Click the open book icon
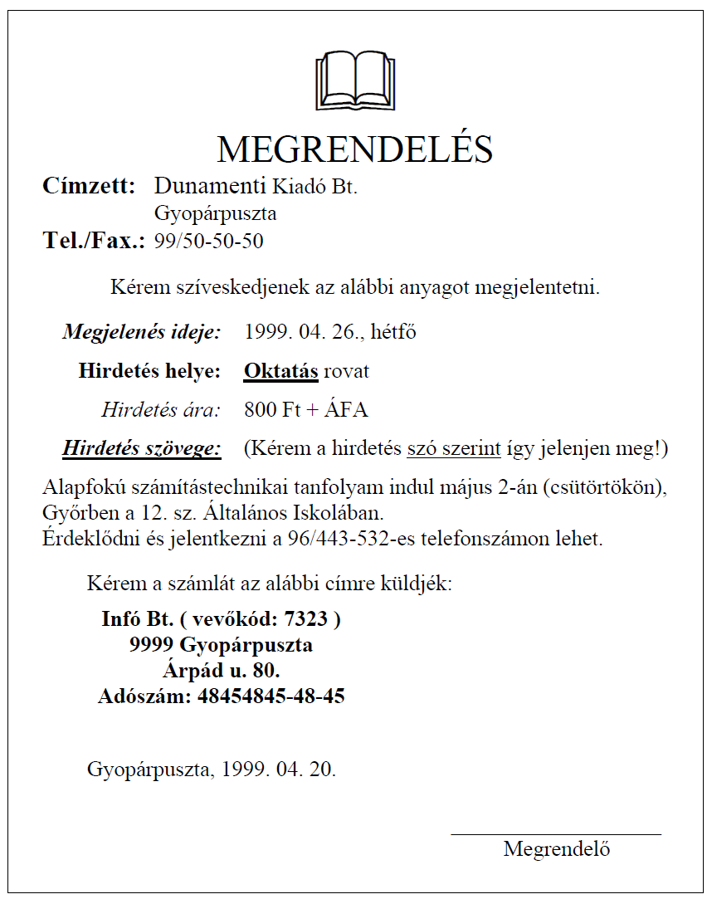[x=355, y=81]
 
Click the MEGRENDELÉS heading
[x=355, y=149]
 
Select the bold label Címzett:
[x=89, y=186]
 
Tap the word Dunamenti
[x=210, y=186]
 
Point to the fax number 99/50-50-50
[x=209, y=242]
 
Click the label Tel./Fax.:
[x=94, y=242]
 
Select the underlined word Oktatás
[x=280, y=371]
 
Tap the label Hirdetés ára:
[x=161, y=409]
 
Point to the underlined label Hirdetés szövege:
[x=142, y=449]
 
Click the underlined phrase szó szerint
[x=454, y=449]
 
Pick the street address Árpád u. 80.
[x=221, y=670]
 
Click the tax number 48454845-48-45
[x=271, y=696]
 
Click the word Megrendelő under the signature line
[x=557, y=849]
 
